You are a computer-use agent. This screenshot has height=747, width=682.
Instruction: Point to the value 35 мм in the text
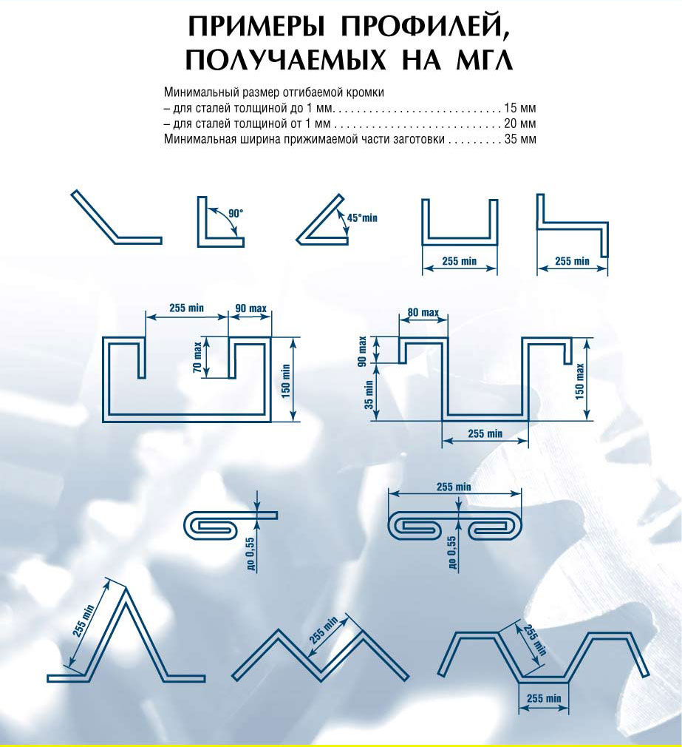[x=520, y=139]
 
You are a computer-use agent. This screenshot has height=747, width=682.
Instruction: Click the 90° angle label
[x=236, y=213]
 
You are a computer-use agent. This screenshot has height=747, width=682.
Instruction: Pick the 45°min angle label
[x=362, y=217]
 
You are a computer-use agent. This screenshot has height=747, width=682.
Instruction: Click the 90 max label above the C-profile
[x=250, y=308]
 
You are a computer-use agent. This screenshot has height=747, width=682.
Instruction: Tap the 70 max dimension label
[x=197, y=356]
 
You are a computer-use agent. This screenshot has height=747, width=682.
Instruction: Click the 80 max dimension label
[x=423, y=313]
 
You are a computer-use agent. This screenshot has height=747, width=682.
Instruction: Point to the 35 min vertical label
[x=369, y=395]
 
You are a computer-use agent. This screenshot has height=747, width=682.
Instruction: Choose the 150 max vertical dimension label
[x=580, y=382]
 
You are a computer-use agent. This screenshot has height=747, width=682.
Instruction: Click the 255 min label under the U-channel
[x=460, y=261]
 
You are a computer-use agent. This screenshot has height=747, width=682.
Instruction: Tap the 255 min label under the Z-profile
[x=572, y=261]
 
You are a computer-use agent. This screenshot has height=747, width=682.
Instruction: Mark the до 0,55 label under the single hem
[x=251, y=553]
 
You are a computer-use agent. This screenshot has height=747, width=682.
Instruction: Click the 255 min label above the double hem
[x=454, y=487]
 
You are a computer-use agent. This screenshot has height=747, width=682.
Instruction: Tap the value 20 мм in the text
[x=520, y=124]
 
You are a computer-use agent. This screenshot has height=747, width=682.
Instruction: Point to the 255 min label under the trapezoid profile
[x=544, y=698]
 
